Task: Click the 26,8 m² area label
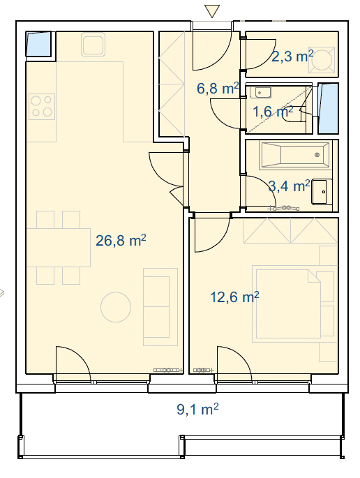(121, 241)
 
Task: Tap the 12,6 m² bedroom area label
(234, 297)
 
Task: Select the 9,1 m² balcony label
(197, 409)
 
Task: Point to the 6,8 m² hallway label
(218, 89)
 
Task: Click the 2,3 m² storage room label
(292, 57)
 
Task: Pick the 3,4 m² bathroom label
(290, 186)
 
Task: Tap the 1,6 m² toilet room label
(273, 112)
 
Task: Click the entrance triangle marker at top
(212, 11)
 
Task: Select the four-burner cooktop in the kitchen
(42, 107)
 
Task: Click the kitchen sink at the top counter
(93, 45)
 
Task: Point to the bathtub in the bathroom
(294, 155)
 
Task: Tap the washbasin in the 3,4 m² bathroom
(322, 192)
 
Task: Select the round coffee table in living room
(116, 307)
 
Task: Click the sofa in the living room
(160, 307)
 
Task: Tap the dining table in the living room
(59, 248)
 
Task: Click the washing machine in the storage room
(322, 60)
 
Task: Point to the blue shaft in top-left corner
(38, 44)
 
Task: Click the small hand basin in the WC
(261, 92)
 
